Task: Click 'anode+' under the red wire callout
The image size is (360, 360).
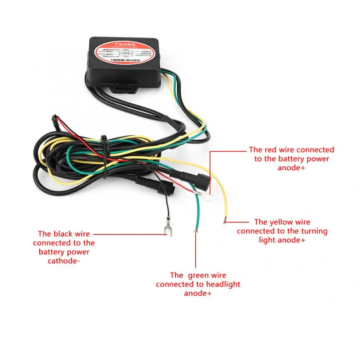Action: coord(291,168)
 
